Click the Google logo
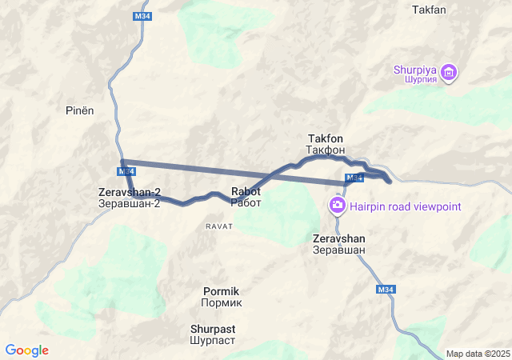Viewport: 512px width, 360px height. point(27,350)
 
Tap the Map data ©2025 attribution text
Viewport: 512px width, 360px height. point(478,354)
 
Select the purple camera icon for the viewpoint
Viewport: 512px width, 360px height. point(338,206)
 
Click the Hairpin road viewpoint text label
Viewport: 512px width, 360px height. point(405,206)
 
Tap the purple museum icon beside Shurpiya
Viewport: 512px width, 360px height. point(449,73)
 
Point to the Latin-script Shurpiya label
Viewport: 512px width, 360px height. point(414,69)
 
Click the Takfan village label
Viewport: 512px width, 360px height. point(428,10)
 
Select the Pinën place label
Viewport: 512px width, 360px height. point(80,110)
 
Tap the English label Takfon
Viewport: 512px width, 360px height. point(325,138)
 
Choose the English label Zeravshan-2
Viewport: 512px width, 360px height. point(130,192)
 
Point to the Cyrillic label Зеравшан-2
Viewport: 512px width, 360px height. point(130,203)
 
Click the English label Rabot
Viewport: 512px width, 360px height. point(246,192)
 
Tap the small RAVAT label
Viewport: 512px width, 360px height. point(218,226)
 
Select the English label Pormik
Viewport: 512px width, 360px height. point(221,291)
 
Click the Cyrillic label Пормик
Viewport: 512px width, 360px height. point(221,302)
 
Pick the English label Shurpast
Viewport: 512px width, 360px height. point(213,328)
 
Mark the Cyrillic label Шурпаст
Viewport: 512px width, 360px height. point(213,339)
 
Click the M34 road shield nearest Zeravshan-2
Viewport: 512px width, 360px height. point(126,171)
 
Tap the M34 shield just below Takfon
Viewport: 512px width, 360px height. point(354,178)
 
